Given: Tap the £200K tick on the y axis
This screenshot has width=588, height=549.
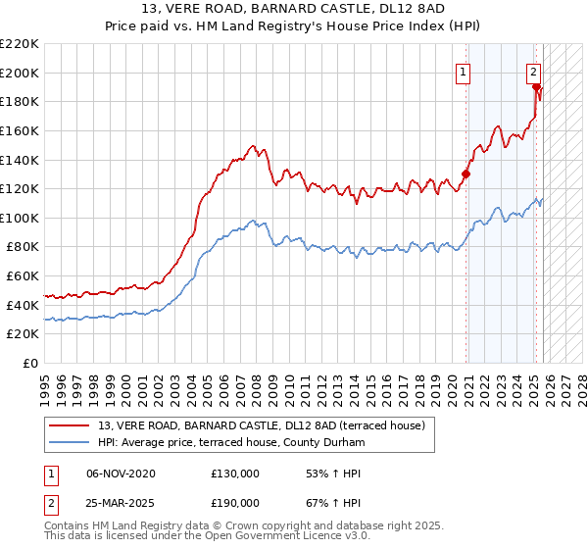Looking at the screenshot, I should coord(20,73).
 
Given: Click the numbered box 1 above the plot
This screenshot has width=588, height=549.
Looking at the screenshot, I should coord(463,71).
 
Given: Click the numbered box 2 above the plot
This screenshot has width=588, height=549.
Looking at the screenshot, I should coord(533,71).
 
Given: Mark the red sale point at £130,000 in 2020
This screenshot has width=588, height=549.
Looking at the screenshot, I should coord(466,175).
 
